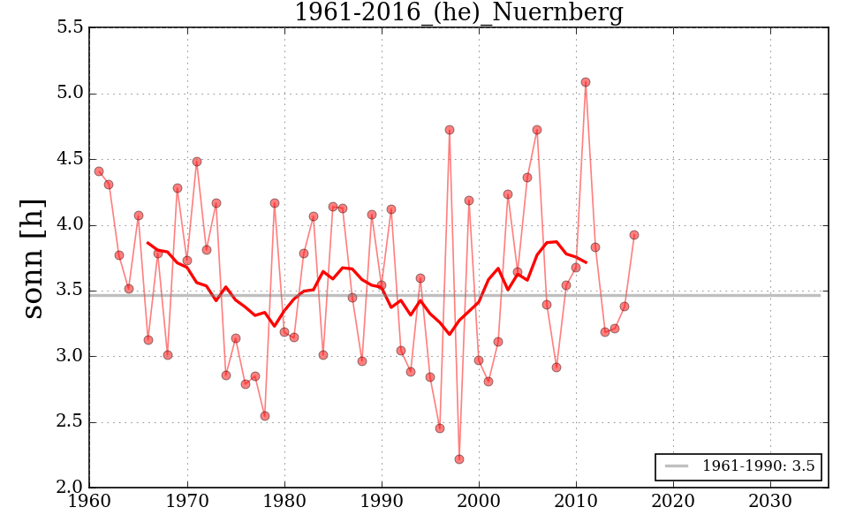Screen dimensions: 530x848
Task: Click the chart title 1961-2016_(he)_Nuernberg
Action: coord(458,13)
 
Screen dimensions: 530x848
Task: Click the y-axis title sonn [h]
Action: coord(33,258)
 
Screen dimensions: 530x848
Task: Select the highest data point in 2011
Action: coord(586,82)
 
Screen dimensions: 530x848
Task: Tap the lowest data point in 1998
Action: coord(459,459)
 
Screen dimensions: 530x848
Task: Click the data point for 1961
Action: coord(99,171)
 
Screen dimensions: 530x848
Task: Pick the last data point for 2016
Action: coord(634,235)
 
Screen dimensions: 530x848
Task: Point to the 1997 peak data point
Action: coord(450,130)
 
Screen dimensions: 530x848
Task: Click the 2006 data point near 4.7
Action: coord(537,130)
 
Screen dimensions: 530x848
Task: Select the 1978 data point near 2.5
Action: coord(265,416)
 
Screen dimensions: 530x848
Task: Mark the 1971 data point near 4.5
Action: coord(197,162)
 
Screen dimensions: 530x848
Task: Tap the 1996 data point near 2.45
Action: coord(440,428)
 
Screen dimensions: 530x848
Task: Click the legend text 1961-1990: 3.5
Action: coord(758,466)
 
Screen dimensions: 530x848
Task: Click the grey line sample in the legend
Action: coord(677,466)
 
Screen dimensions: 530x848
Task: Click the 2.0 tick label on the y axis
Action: coord(71,488)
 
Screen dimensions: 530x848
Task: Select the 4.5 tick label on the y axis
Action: coord(71,159)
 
